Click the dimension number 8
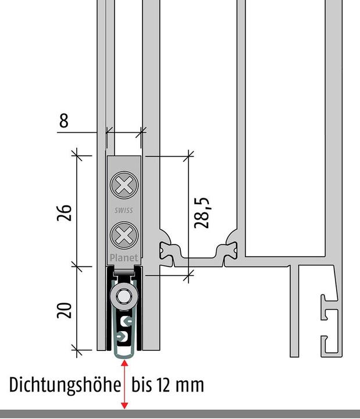63,120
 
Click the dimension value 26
65,212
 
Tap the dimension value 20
65,310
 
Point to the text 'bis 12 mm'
168,385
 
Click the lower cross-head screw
123,236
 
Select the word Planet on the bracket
124,258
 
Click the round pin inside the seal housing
123,296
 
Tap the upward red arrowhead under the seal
124,364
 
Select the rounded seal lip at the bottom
124,353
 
